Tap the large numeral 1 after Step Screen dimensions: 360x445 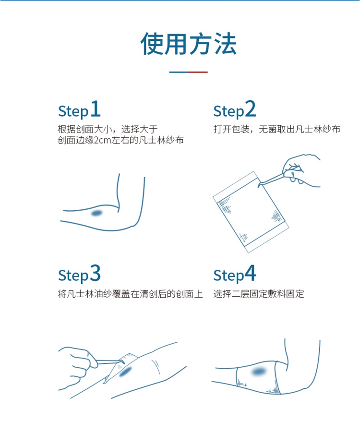click(x=96, y=108)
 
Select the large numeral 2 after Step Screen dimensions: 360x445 click(x=250, y=108)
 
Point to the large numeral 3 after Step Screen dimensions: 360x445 click(x=96, y=273)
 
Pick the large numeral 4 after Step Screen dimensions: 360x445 click(x=250, y=273)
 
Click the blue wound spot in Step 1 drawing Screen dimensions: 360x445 click(x=97, y=213)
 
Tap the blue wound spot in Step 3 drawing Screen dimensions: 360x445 click(x=125, y=371)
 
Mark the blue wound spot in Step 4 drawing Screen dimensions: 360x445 click(x=259, y=372)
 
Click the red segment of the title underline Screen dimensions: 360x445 click(x=198, y=72)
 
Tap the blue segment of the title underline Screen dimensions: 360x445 click(x=179, y=72)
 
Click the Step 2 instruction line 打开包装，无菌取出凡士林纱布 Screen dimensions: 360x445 click(x=276, y=129)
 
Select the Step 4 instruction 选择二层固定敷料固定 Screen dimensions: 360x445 click(x=258, y=294)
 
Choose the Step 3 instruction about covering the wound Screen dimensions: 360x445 click(x=130, y=294)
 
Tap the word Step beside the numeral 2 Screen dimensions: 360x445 click(x=228, y=111)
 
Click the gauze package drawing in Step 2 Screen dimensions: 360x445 click(x=251, y=212)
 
